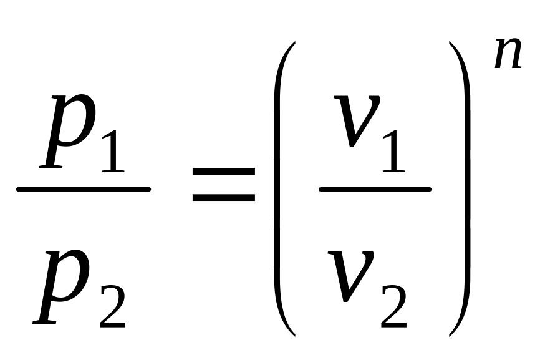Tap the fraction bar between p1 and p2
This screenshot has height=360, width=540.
[84, 188]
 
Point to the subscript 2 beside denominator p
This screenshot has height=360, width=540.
[112, 306]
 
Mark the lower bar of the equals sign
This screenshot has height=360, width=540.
[223, 198]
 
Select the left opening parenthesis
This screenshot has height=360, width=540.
[281, 187]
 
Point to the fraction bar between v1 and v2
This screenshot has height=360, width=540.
[374, 188]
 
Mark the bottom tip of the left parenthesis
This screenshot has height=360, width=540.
[293, 334]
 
